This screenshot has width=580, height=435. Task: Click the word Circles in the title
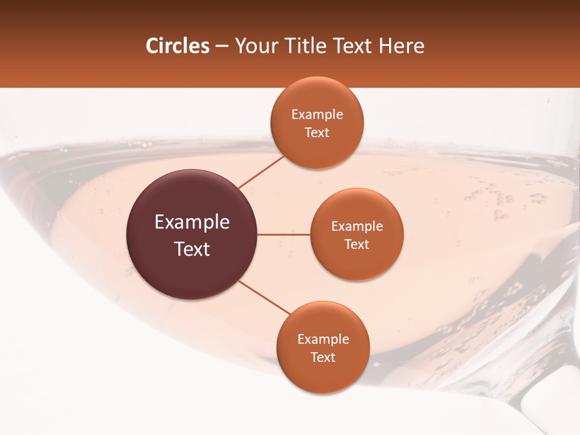tap(177, 46)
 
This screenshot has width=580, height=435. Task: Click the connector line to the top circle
tap(262, 172)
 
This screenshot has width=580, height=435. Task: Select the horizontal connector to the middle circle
tap(283, 234)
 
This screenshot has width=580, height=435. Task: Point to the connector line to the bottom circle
tap(265, 297)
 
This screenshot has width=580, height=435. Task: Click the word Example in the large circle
tap(192, 222)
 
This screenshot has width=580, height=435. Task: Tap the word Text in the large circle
tap(192, 249)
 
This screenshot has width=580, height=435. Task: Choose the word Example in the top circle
tap(317, 115)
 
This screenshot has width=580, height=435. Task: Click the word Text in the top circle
tap(317, 133)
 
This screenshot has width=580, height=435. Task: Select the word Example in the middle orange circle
tap(357, 227)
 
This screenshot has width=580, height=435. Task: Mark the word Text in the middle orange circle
tap(357, 245)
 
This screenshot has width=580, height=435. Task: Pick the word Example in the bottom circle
tap(323, 340)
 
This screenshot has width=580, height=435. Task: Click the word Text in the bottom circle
tap(323, 358)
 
